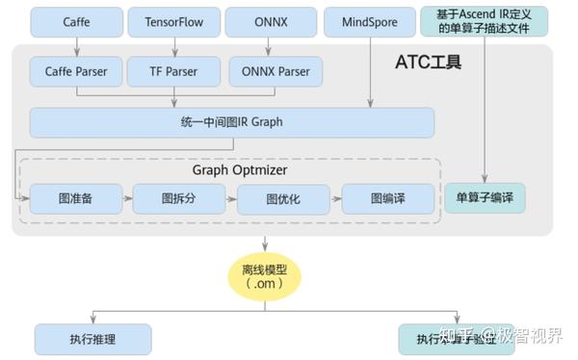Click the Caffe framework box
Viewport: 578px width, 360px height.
coord(76,21)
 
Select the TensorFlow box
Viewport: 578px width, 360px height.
coord(174,21)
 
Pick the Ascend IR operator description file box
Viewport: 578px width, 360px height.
coord(485,21)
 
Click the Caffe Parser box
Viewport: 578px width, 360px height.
coord(76,70)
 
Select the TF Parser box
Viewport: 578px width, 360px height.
coord(174,70)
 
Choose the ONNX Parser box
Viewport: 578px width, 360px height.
coord(275,70)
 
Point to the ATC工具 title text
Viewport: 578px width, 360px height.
coord(429,64)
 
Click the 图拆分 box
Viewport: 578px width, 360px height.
coord(179,198)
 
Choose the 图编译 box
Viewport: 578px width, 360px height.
coord(387,198)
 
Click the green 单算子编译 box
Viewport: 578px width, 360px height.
coord(485,198)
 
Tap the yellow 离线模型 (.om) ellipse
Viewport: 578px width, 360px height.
coord(265,276)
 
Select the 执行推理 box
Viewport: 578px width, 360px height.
coord(92,339)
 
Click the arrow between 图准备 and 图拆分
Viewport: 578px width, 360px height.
coord(127,198)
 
